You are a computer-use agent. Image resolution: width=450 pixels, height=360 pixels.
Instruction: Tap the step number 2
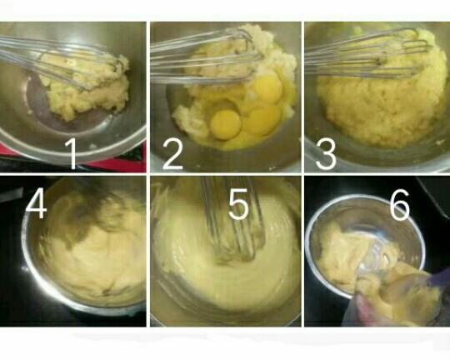click(x=172, y=154)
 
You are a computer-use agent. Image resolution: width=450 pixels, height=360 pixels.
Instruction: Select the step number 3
click(x=326, y=153)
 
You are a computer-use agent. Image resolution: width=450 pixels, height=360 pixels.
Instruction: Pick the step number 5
click(x=238, y=204)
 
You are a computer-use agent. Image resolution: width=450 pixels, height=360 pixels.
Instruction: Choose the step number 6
click(x=400, y=205)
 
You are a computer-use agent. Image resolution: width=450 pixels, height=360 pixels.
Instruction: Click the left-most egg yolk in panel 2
click(x=225, y=124)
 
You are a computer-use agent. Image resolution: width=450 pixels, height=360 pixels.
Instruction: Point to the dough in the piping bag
click(x=399, y=298)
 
